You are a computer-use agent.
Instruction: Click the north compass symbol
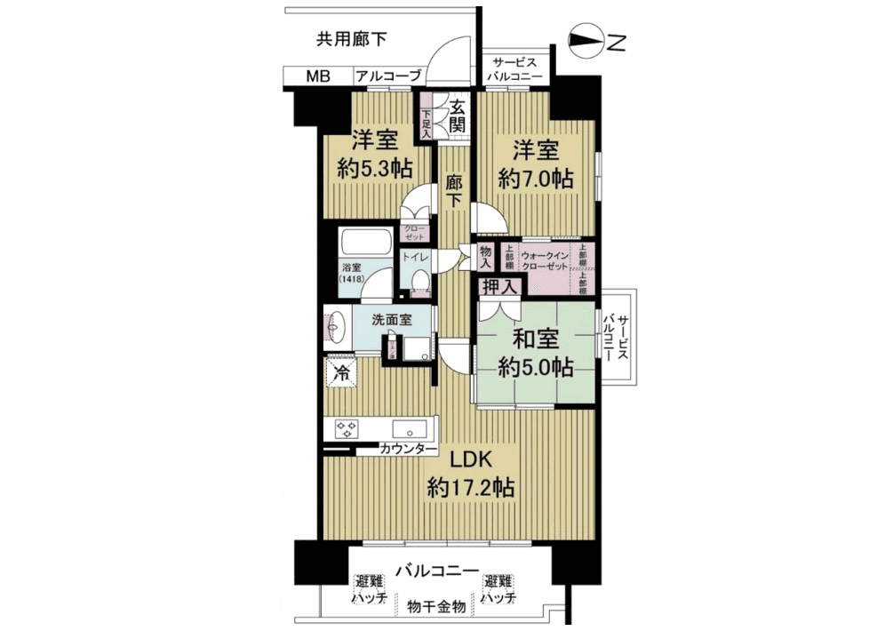pos(588,41)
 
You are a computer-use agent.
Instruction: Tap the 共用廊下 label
pos(351,38)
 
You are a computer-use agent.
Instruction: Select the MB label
pos(317,77)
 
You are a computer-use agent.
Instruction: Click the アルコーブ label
pos(387,77)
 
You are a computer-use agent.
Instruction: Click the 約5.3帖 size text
pos(372,169)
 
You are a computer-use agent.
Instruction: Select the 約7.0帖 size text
pos(533,178)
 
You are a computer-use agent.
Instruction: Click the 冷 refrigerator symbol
pos(341,372)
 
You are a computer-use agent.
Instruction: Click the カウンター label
pos(408,451)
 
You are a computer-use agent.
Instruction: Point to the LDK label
pos(470,462)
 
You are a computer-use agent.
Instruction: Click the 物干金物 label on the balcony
pos(436,607)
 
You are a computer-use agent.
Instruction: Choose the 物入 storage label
pos(486,258)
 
